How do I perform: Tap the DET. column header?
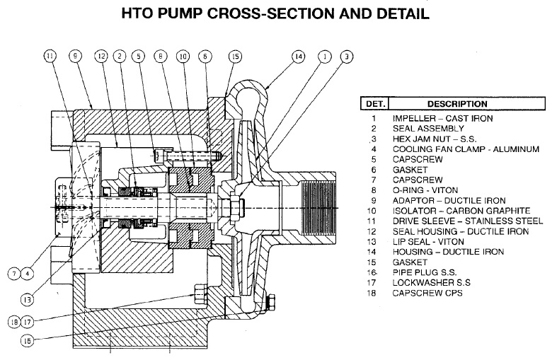(x=373, y=103)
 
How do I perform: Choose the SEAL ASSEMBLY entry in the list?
(x=428, y=129)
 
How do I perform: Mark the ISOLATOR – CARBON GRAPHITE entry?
(x=462, y=211)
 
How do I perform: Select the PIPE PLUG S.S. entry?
(x=426, y=272)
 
